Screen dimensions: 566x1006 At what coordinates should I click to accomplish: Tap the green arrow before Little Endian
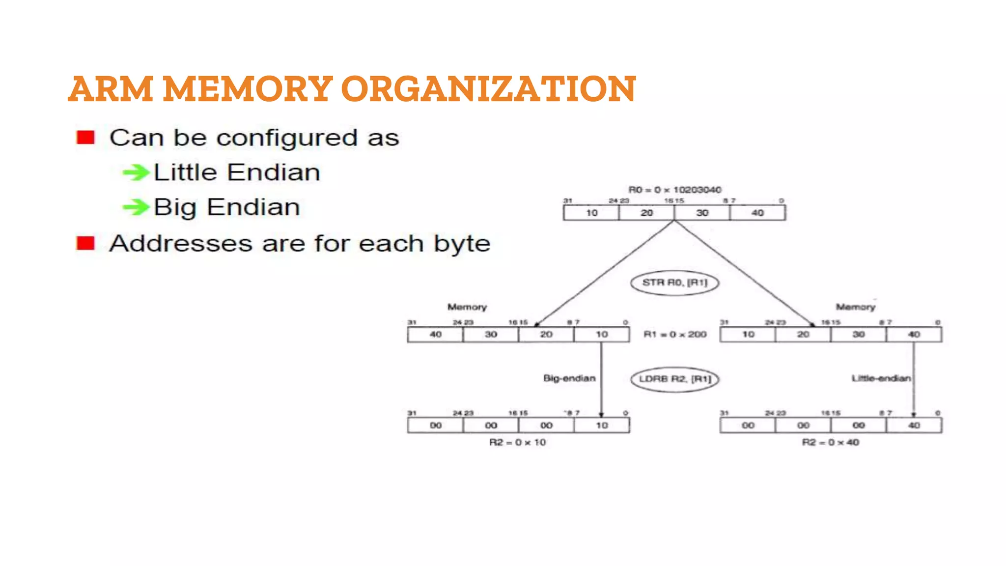[136, 172]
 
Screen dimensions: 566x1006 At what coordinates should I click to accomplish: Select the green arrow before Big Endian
[136, 207]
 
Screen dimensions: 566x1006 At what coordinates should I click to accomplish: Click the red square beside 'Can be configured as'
[85, 138]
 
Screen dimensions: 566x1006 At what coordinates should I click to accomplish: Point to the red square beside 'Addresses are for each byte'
[85, 243]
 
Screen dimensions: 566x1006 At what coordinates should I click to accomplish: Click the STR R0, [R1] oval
[674, 283]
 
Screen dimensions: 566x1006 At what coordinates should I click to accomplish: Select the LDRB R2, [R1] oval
[674, 379]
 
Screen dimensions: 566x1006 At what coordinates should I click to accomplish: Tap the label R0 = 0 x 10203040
[674, 190]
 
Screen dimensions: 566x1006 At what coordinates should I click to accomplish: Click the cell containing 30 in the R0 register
[702, 213]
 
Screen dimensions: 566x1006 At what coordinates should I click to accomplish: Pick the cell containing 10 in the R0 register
[591, 213]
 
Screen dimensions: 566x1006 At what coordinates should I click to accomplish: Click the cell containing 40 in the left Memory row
[435, 335]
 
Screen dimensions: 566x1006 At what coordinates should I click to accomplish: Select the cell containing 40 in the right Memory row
[914, 335]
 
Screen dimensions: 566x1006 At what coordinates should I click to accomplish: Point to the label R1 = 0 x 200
[674, 335]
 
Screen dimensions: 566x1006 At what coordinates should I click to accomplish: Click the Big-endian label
[569, 378]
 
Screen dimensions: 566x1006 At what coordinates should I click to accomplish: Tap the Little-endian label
[881, 378]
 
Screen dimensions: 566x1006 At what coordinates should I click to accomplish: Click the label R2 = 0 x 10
[517, 442]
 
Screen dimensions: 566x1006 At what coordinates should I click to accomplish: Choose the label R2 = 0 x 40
[830, 442]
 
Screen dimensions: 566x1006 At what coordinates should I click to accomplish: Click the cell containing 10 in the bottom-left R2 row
[602, 425]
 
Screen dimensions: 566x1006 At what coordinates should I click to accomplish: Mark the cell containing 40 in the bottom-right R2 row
[914, 425]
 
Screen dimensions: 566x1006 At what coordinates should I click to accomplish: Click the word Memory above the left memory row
[467, 307]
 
